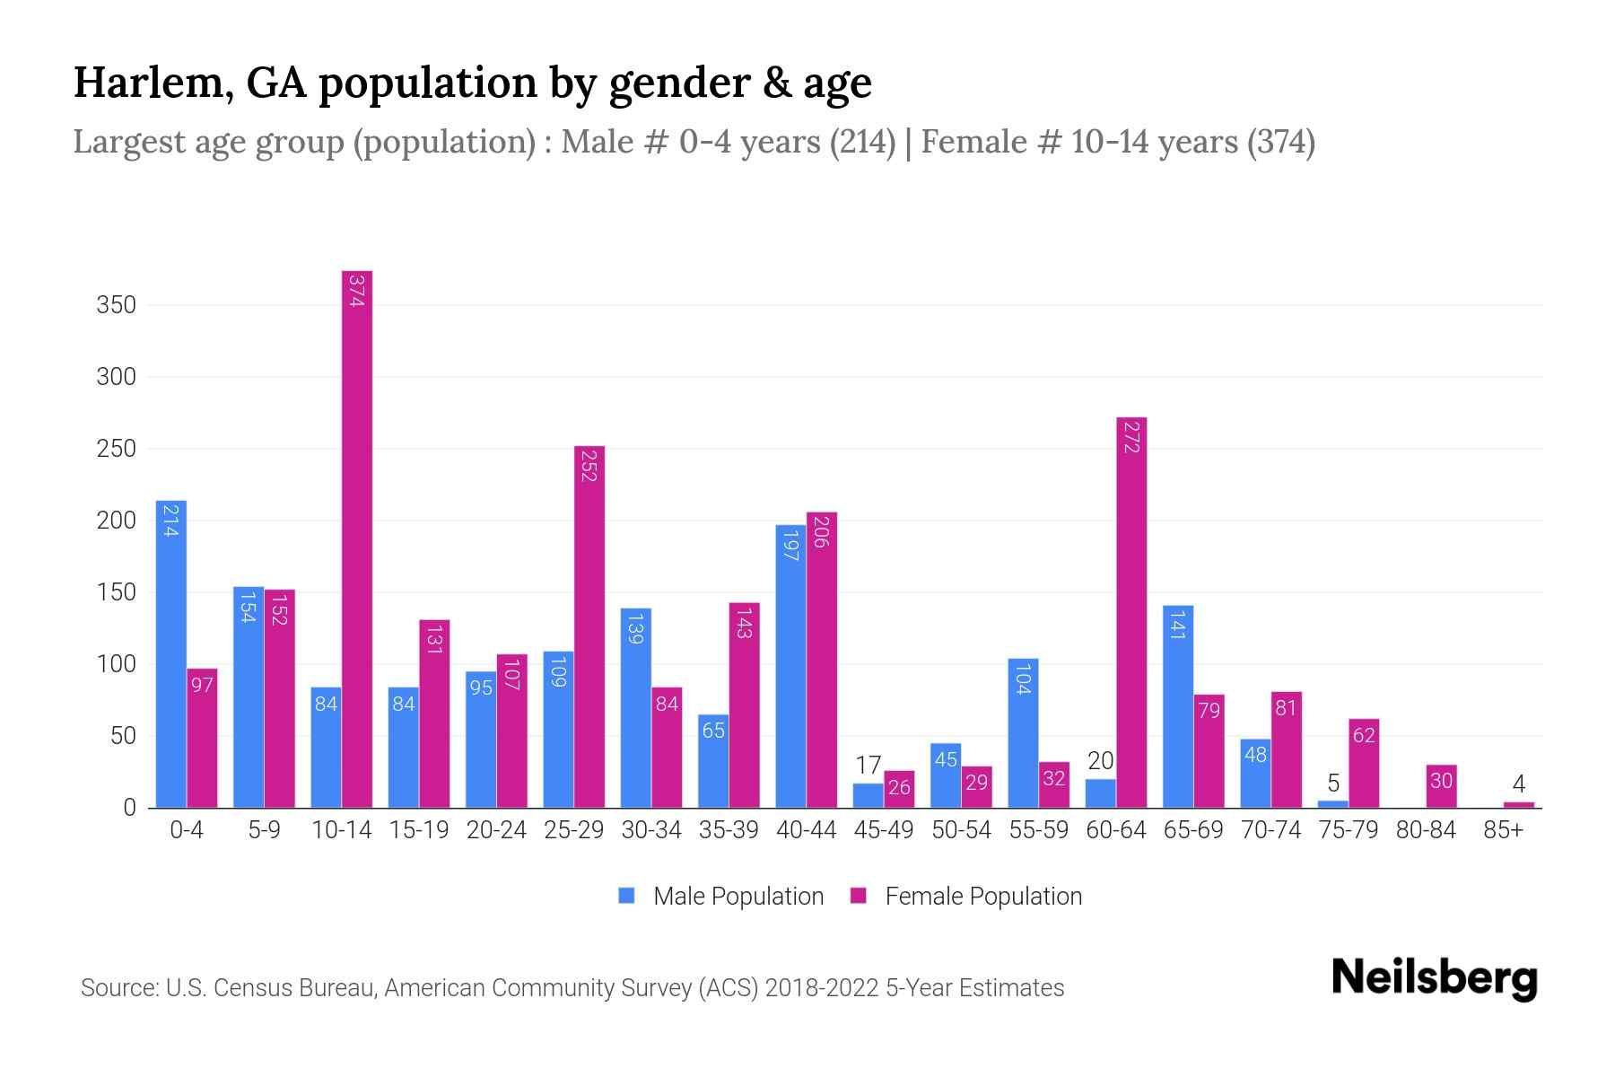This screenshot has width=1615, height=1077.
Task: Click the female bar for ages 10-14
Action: (x=356, y=538)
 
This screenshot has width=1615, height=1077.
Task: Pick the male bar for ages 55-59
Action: (x=1023, y=732)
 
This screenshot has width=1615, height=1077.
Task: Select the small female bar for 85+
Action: (x=1518, y=804)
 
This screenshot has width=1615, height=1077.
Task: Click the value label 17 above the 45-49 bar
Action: (x=868, y=766)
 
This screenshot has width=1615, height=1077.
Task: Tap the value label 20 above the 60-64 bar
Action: (x=1100, y=761)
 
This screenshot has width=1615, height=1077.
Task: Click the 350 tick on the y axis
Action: (x=116, y=305)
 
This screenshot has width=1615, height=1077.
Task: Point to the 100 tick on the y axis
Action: (x=116, y=664)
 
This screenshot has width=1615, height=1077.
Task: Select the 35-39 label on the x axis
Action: (x=729, y=830)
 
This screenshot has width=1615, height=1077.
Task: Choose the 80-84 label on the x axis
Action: (x=1426, y=830)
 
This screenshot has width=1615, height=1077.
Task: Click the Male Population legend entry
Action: (x=738, y=896)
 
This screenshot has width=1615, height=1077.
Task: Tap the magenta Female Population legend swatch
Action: (x=859, y=896)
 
